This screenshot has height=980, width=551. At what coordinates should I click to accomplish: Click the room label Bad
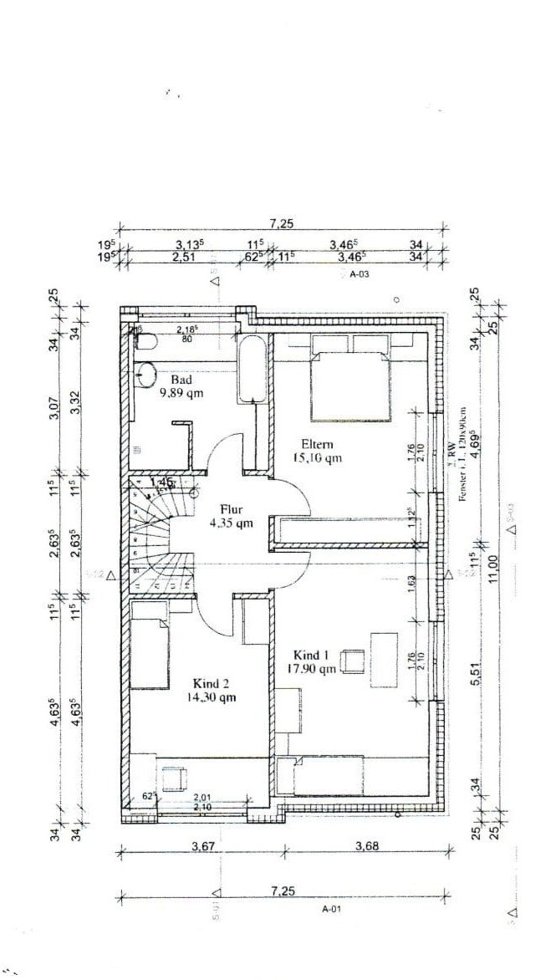181,379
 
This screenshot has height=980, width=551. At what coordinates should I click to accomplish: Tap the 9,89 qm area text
181,392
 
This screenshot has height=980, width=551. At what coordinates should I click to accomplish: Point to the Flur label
232,509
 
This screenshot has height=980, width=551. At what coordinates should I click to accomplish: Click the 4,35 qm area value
232,523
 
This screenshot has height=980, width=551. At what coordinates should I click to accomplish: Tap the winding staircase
156,531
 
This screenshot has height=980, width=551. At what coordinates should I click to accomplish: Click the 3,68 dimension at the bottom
369,846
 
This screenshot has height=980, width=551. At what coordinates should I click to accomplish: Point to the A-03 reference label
359,273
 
